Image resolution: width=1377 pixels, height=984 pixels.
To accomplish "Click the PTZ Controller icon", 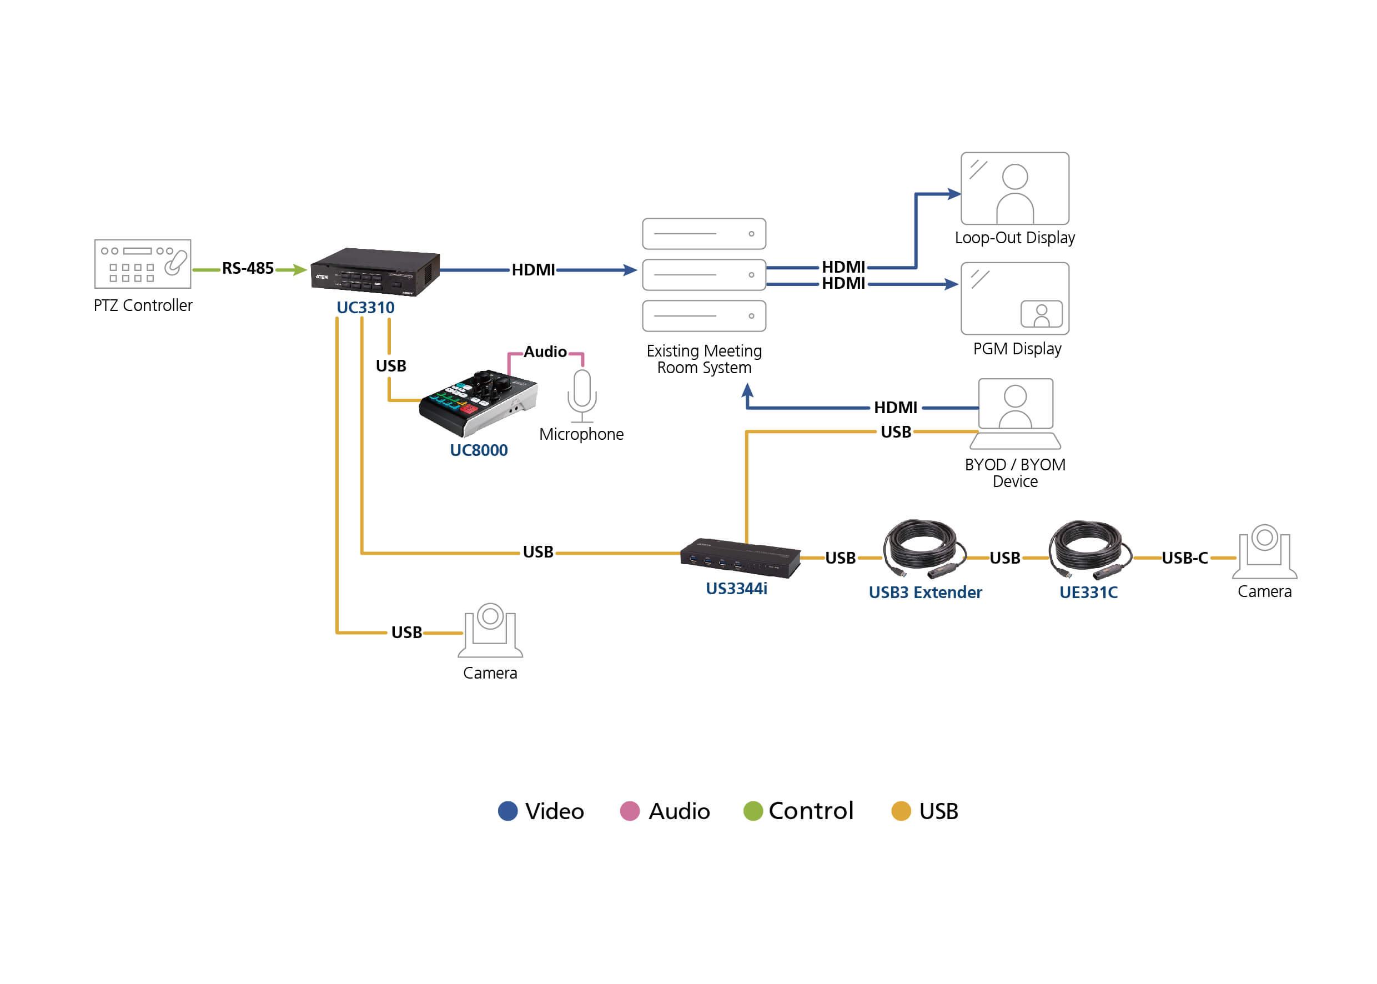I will [142, 264].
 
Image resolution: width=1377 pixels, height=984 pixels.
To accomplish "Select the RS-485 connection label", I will [247, 268].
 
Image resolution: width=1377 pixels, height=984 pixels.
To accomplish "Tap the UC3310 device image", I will [374, 272].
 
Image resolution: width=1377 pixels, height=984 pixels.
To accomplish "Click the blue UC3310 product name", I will [365, 308].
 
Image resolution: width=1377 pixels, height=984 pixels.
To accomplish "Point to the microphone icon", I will [581, 395].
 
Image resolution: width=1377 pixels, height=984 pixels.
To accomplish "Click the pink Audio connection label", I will [545, 352].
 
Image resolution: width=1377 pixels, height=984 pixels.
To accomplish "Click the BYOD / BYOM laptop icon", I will [1015, 413].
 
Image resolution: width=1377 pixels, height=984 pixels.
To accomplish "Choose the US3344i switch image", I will [740, 558].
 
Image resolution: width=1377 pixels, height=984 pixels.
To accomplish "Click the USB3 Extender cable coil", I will [923, 548].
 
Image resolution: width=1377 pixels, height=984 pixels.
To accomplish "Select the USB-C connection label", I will [1184, 558].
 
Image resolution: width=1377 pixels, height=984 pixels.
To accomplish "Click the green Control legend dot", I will [752, 811].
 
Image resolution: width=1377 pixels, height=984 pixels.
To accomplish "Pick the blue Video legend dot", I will [507, 811].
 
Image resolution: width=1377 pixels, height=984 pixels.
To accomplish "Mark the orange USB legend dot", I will [900, 811].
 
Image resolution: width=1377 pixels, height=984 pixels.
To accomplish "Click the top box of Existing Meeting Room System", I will [703, 234].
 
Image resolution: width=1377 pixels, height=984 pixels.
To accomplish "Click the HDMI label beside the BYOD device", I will [895, 407].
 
